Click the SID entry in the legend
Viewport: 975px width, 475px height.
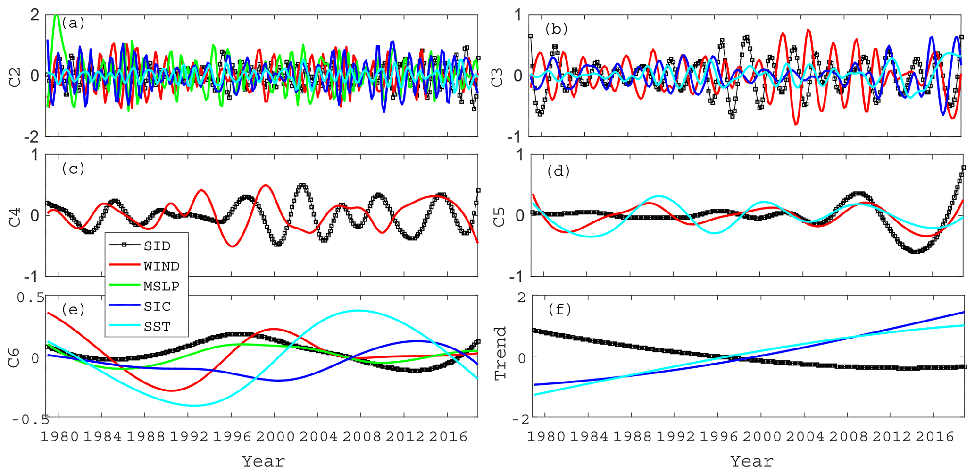click(157, 246)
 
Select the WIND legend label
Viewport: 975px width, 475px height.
click(161, 266)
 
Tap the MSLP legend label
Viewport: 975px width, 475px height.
click(161, 286)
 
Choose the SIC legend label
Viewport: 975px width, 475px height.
click(157, 306)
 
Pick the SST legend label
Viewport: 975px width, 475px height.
click(157, 326)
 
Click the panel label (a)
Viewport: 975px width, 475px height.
click(73, 23)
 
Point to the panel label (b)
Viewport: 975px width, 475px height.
click(556, 29)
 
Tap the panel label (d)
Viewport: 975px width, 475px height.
click(558, 171)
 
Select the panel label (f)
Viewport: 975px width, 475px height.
click(559, 310)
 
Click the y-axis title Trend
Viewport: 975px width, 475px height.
click(500, 353)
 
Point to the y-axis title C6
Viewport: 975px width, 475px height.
click(15, 358)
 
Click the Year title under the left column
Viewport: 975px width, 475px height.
click(263, 461)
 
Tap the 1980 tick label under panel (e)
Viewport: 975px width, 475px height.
click(59, 436)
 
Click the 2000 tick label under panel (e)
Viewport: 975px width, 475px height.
click(275, 436)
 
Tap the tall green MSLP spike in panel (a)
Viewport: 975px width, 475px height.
click(57, 16)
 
